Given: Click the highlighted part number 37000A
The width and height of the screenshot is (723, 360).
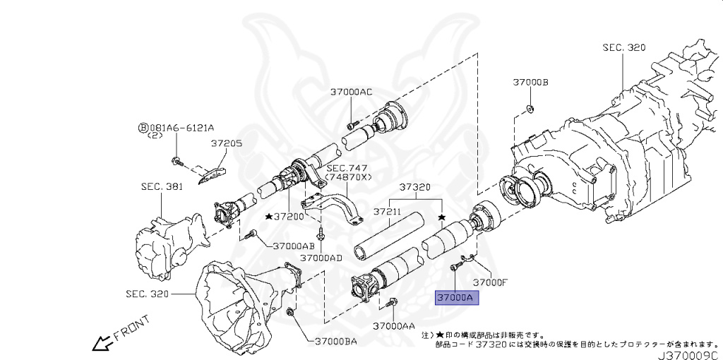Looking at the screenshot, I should pyautogui.click(x=456, y=298).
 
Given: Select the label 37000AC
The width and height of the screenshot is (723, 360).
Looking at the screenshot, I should pyautogui.click(x=351, y=92).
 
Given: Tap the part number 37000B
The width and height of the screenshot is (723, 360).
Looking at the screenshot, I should pyautogui.click(x=530, y=83).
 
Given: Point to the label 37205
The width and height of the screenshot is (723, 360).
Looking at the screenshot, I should pyautogui.click(x=226, y=143).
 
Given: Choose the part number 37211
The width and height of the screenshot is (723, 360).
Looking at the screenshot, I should pyautogui.click(x=387, y=211).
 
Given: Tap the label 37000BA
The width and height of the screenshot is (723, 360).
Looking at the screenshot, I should pyautogui.click(x=331, y=342).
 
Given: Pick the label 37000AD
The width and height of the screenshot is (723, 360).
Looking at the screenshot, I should pyautogui.click(x=321, y=258).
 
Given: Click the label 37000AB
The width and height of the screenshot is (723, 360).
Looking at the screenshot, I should pyautogui.click(x=293, y=245).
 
